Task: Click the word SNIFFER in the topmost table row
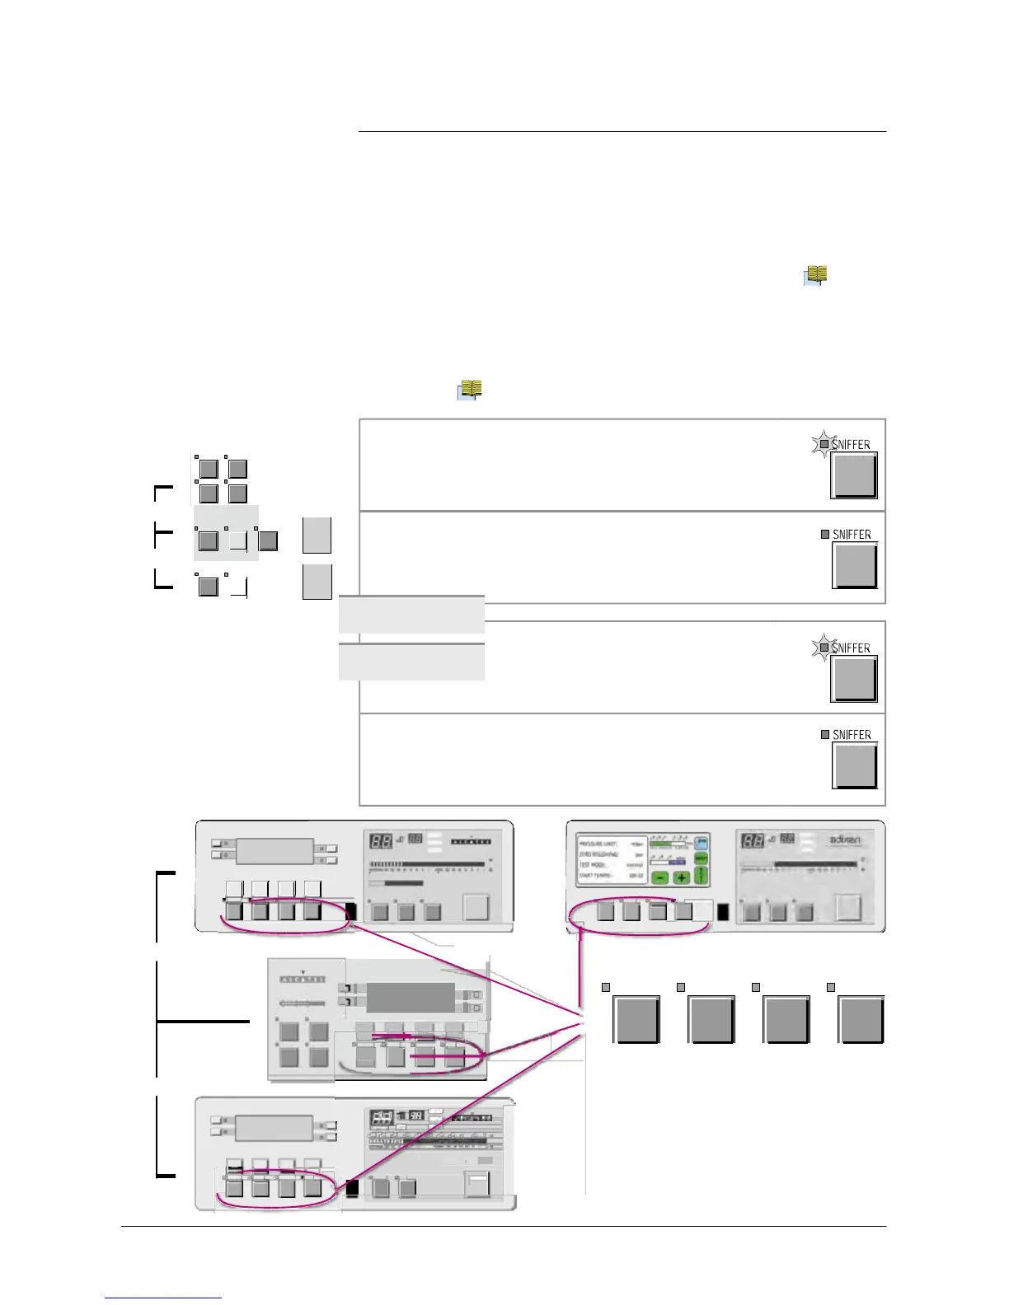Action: tap(852, 445)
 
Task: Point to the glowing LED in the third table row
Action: tap(824, 648)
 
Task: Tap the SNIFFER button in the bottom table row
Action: tap(856, 765)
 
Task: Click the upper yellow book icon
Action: tap(815, 275)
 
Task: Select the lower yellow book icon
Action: tap(470, 390)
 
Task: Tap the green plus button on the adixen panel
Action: tap(681, 877)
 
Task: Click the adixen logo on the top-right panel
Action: tap(844, 841)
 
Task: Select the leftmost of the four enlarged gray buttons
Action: tap(636, 1020)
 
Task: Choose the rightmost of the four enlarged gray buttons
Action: tap(861, 1020)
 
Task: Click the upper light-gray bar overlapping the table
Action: tap(411, 615)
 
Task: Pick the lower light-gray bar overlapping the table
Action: tap(411, 662)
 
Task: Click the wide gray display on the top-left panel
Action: tap(275, 851)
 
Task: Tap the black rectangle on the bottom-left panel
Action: tap(352, 1189)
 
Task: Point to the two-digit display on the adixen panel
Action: tap(752, 842)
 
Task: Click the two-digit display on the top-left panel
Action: tap(381, 842)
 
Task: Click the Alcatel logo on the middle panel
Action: tap(303, 979)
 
